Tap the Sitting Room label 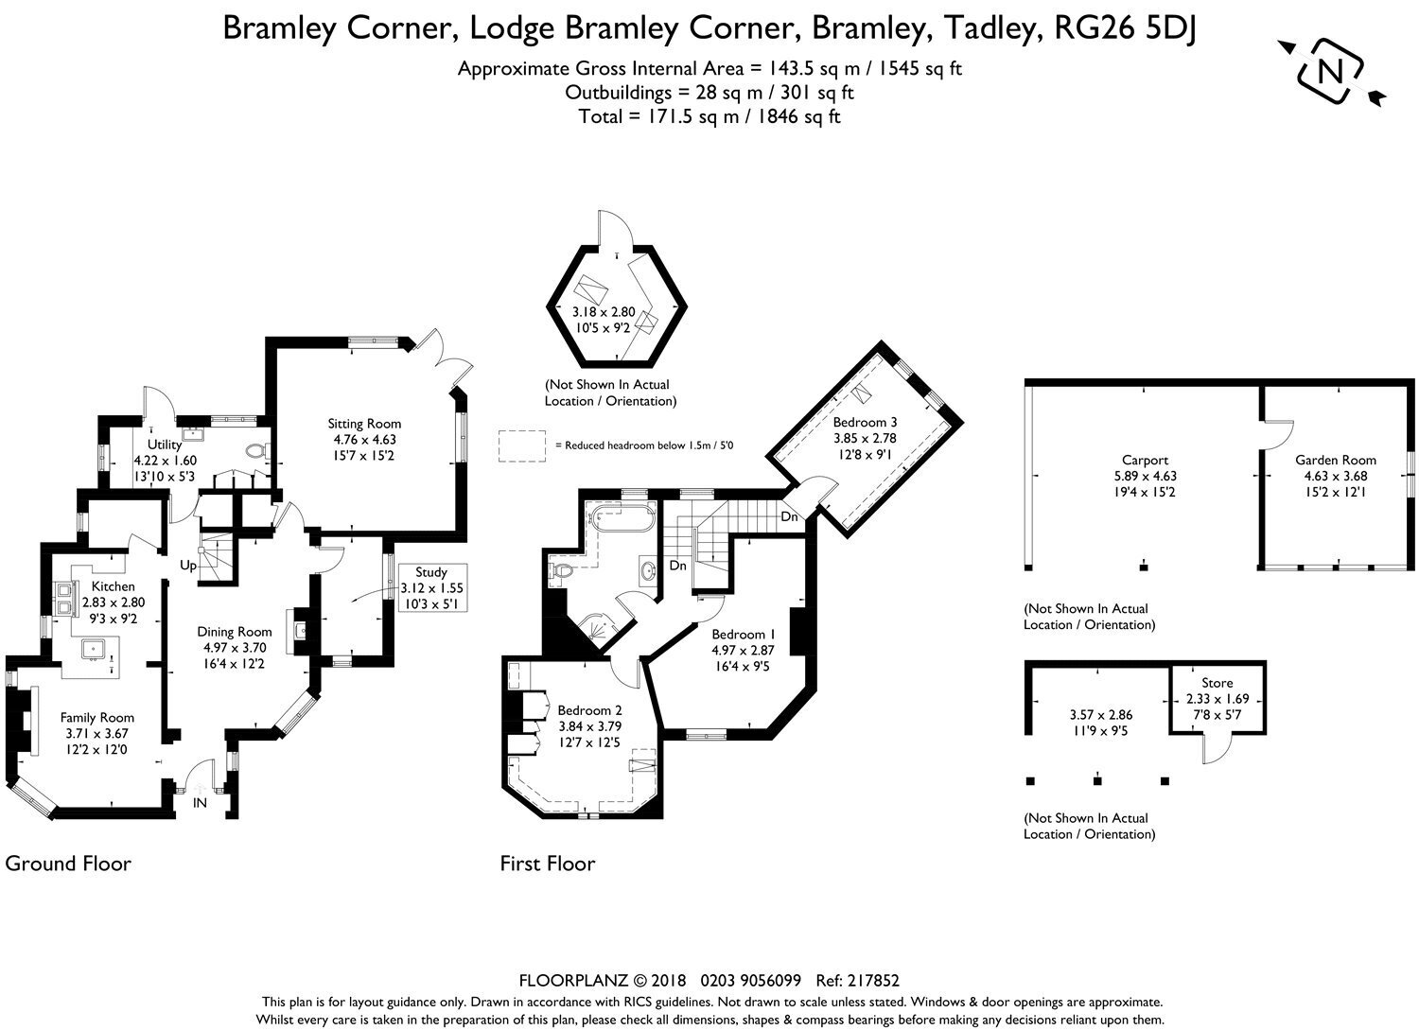[x=364, y=424]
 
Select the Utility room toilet [x=255, y=450]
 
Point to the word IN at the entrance [x=200, y=803]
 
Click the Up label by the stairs [x=188, y=565]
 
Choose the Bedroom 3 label [x=865, y=422]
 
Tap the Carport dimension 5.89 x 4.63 [x=1145, y=476]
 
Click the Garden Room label [x=1336, y=460]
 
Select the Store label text [x=1217, y=683]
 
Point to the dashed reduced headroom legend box [x=521, y=445]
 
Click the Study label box [x=431, y=588]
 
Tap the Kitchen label [x=114, y=586]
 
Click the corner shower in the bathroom [x=598, y=628]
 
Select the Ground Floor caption [x=68, y=864]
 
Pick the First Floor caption [x=548, y=864]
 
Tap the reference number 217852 [x=873, y=981]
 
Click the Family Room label [x=96, y=718]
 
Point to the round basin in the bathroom [x=647, y=570]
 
